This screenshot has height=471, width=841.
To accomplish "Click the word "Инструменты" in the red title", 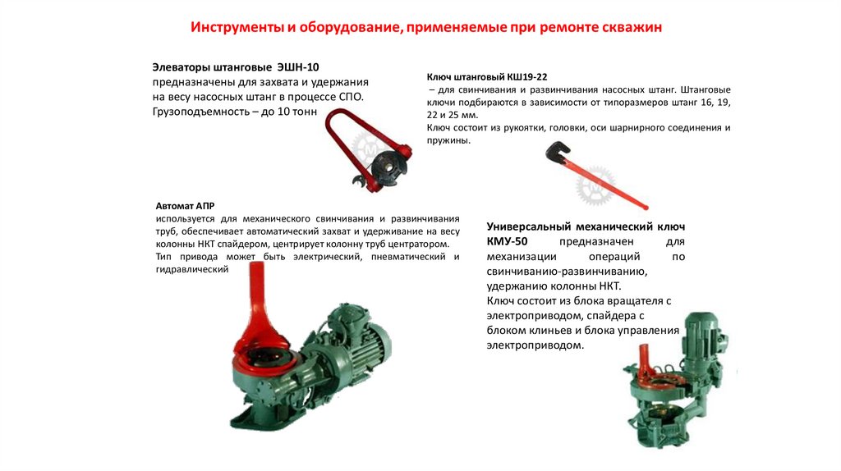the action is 237,27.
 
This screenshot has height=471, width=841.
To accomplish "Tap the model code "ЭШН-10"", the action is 297,67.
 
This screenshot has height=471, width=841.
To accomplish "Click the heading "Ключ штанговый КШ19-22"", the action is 487,77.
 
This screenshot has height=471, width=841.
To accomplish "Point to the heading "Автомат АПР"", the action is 185,206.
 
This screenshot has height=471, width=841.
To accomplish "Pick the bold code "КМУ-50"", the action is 507,242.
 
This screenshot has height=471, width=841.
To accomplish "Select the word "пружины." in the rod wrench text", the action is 448,141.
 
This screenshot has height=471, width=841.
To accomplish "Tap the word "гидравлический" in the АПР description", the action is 192,269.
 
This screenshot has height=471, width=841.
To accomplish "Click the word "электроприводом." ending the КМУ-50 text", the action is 535,345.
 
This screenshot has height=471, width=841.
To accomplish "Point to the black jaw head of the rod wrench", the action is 558,151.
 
